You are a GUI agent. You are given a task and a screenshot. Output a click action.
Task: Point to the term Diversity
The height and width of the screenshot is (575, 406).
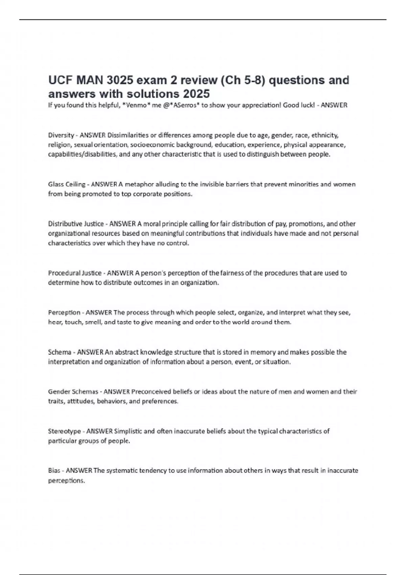point(61,135)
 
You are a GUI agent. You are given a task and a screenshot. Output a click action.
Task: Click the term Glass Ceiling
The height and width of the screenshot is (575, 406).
point(67,184)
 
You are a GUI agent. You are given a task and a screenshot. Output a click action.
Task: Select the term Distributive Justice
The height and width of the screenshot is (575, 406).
point(76,224)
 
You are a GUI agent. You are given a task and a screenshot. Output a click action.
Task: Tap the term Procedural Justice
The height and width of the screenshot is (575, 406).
point(75,273)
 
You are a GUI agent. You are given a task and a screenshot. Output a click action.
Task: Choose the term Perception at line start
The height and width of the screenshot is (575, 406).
point(64,313)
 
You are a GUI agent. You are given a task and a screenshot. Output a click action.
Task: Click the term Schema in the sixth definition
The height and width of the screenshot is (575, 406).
point(60,352)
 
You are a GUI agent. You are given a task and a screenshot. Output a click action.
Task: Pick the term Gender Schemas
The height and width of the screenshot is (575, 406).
point(73,392)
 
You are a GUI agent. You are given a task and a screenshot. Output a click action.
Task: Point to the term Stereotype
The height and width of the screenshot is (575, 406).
point(65,431)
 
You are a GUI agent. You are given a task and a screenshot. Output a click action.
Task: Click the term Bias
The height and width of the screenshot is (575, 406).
point(54,470)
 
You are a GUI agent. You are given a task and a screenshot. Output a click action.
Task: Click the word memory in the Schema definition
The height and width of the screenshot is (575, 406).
point(260,352)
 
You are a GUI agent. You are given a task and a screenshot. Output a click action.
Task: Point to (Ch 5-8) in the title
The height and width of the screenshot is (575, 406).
point(229,80)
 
